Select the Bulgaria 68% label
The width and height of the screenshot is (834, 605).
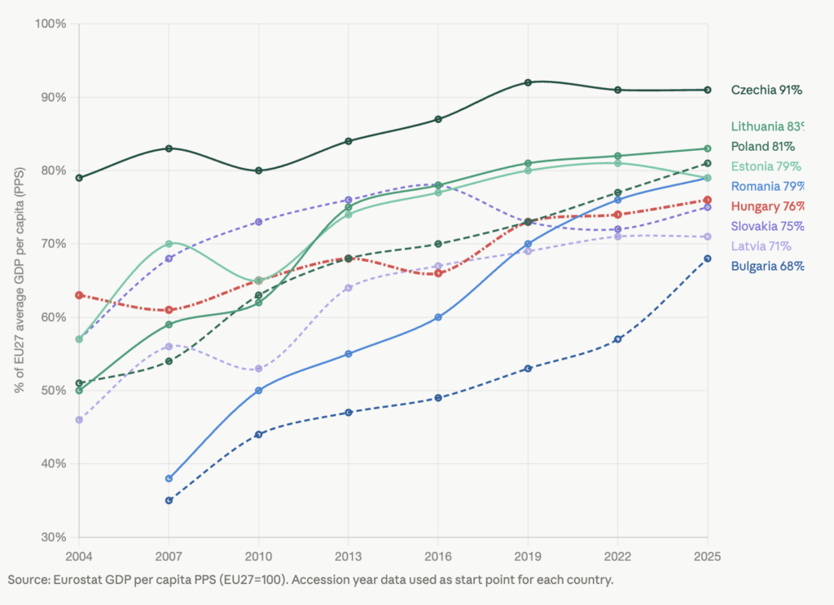pos(767,266)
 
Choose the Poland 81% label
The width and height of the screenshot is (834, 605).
pos(762,147)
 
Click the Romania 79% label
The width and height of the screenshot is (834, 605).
pos(767,187)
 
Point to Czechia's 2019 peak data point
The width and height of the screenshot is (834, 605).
pos(528,82)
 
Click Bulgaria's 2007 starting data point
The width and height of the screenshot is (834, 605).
pos(169,500)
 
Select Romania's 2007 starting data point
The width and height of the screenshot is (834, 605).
pos(169,478)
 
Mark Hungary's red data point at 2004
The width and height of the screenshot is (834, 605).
pos(79,295)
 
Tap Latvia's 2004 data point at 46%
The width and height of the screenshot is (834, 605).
pos(79,420)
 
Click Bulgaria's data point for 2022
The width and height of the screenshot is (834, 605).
pos(617,339)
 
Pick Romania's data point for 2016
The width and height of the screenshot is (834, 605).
pos(438,317)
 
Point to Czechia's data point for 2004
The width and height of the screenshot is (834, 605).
pos(79,178)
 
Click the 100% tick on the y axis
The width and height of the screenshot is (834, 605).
pos(50,24)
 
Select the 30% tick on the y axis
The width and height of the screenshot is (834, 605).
pos(53,537)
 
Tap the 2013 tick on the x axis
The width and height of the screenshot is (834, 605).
pos(349,556)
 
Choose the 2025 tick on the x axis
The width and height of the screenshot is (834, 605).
pos(707,556)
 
